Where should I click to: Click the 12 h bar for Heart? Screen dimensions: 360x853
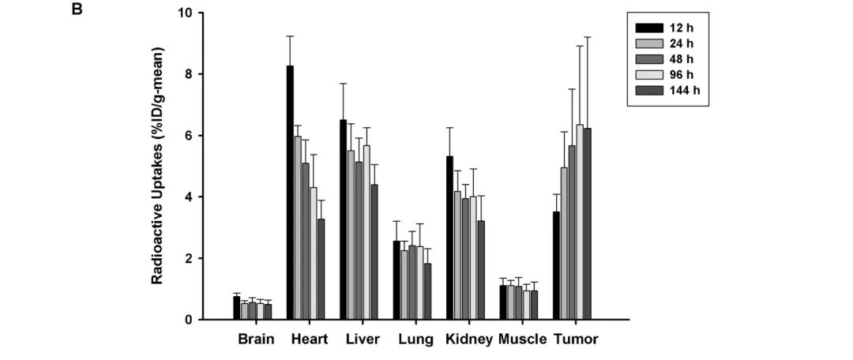(290, 193)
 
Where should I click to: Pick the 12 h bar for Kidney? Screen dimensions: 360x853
(450, 238)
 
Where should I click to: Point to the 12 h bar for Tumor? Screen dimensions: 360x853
(556, 265)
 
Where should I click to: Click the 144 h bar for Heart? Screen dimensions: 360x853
(321, 269)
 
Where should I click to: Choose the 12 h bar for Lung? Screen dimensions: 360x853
(396, 280)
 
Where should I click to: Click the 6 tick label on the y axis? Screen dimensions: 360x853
(188, 136)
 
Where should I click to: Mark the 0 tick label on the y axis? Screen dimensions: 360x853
(188, 320)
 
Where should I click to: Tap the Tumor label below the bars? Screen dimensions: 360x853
(575, 340)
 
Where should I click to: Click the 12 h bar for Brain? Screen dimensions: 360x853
(236, 308)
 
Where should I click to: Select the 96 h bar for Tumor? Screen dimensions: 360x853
(579, 222)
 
